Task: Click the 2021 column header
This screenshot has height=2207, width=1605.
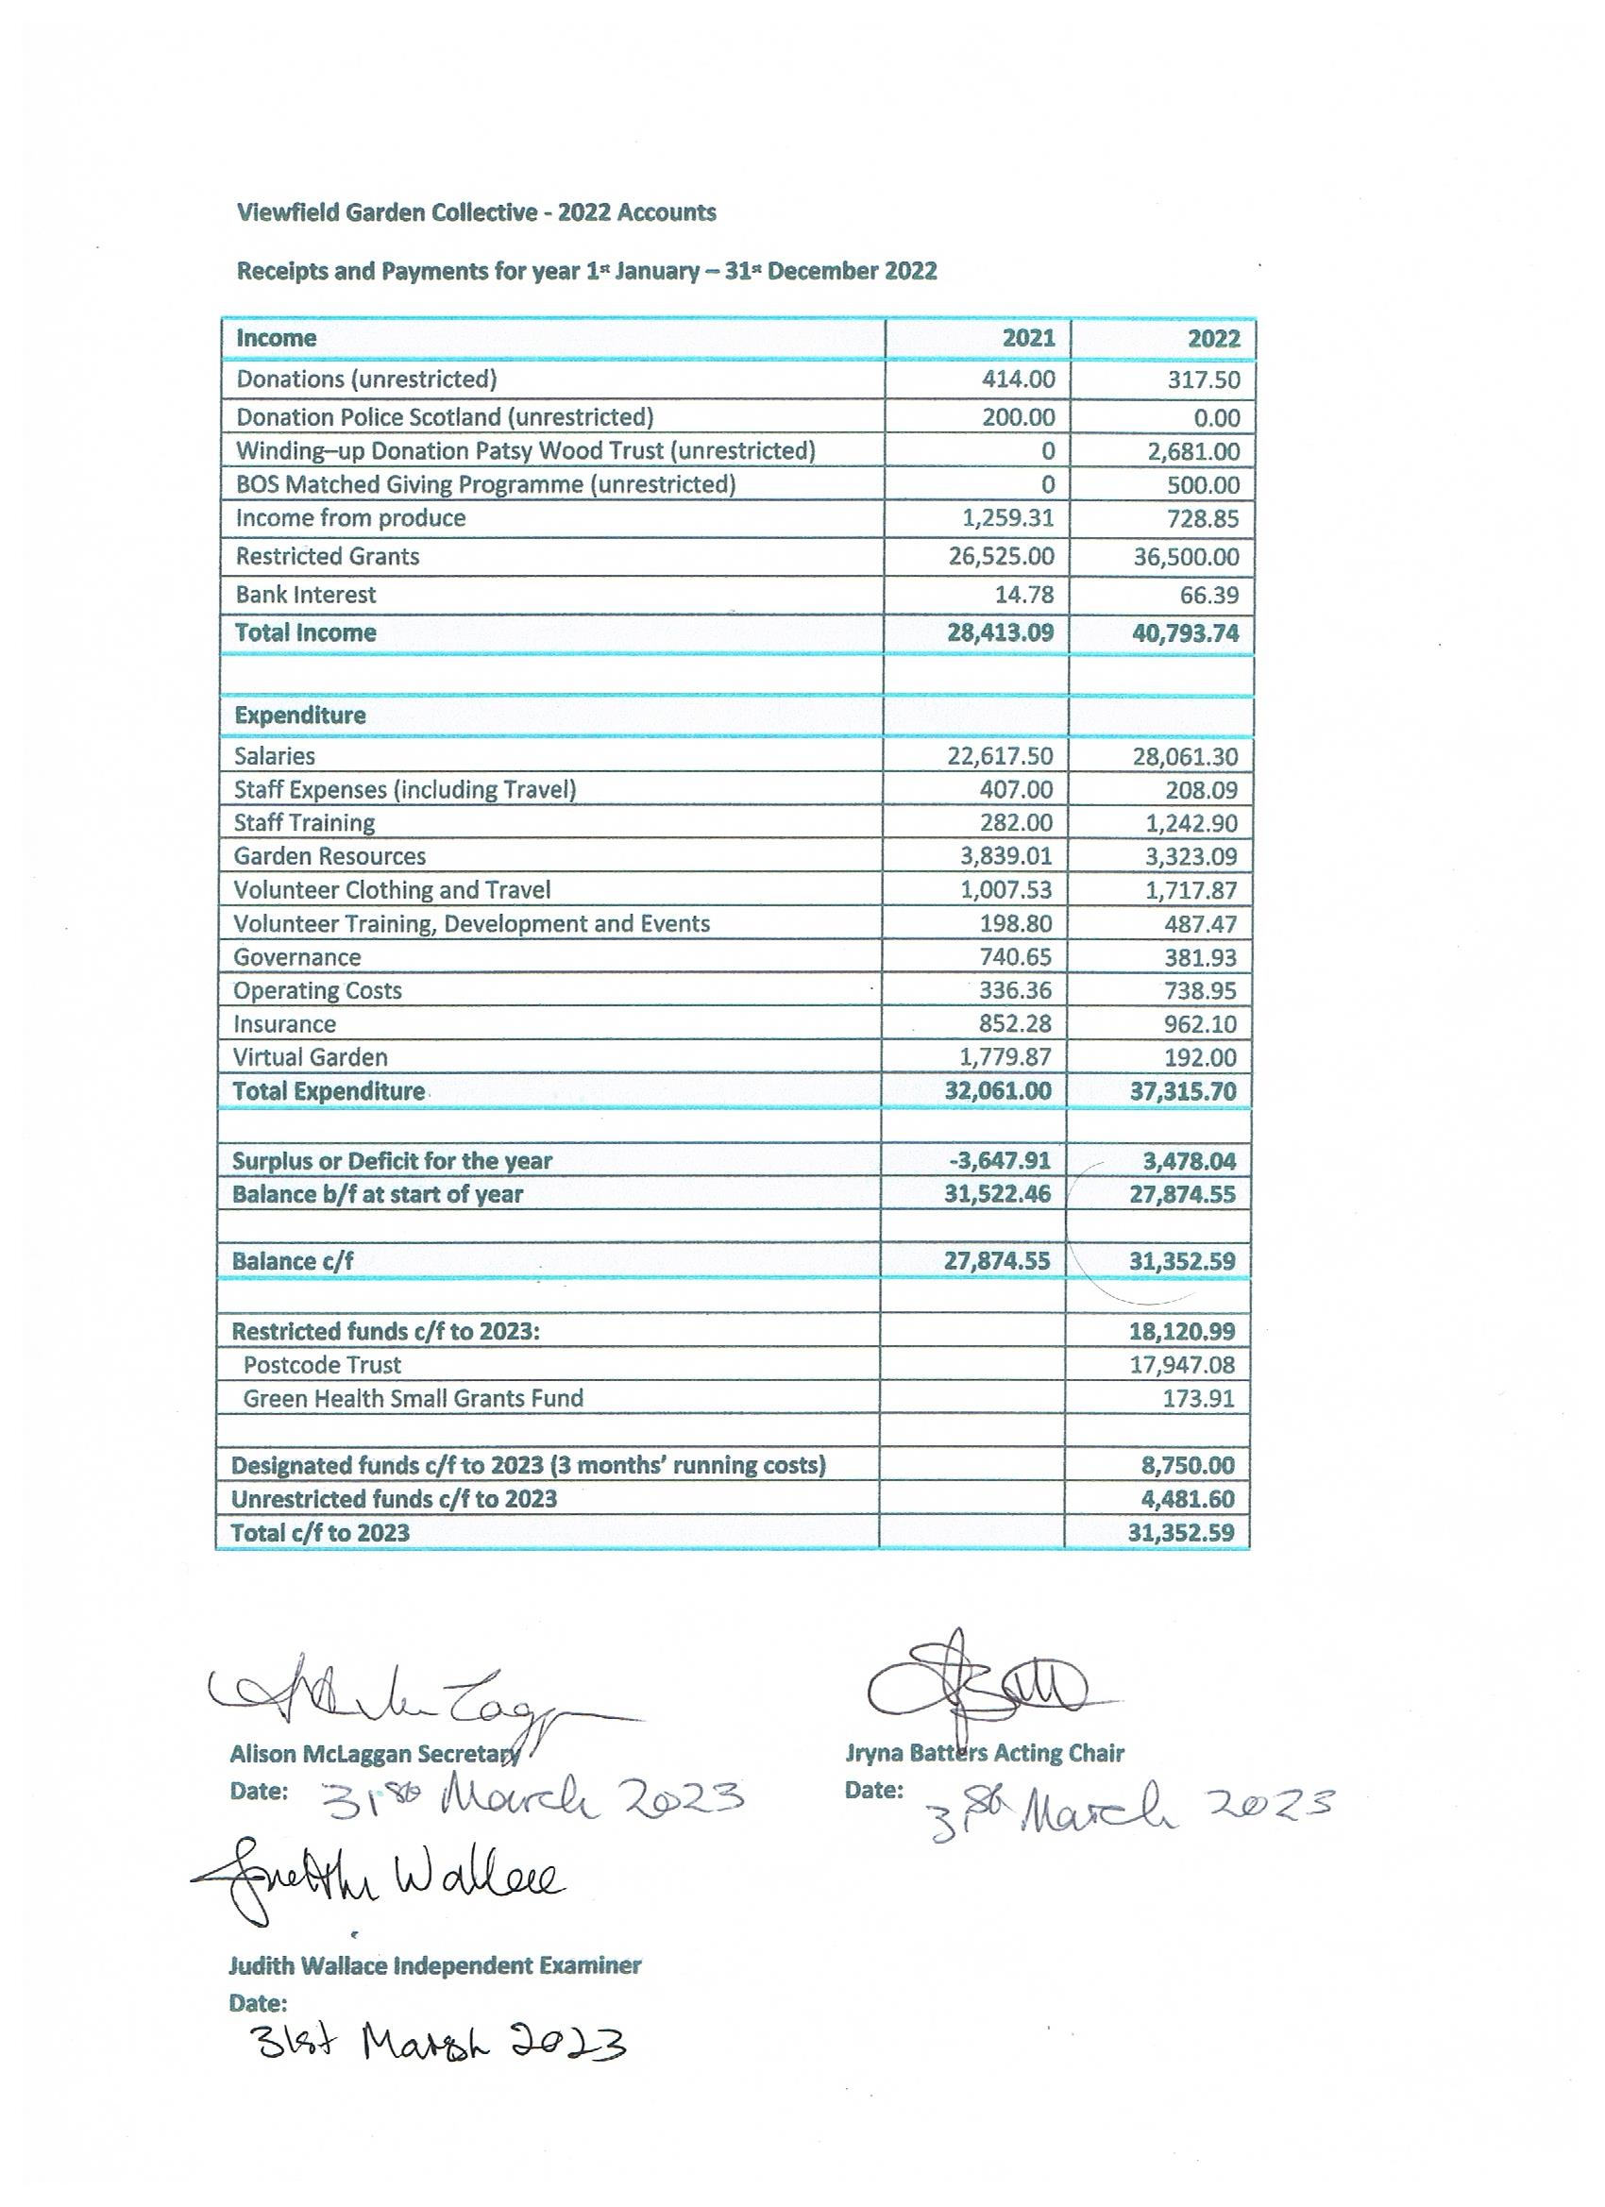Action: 1028,338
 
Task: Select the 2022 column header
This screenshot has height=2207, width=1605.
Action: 1213,339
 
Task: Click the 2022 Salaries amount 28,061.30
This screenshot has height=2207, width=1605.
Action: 1185,756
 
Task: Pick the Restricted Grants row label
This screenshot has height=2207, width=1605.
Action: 327,557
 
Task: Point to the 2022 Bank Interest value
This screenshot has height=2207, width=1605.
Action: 1203,595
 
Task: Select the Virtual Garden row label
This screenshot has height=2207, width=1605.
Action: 310,1057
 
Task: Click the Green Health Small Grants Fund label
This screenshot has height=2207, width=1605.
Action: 413,1398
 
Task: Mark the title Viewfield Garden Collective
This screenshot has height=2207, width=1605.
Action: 387,212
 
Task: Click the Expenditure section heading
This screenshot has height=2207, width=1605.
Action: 300,716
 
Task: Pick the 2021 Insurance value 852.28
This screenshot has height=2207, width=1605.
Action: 1015,1023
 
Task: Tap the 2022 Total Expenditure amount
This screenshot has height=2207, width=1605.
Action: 1183,1091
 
